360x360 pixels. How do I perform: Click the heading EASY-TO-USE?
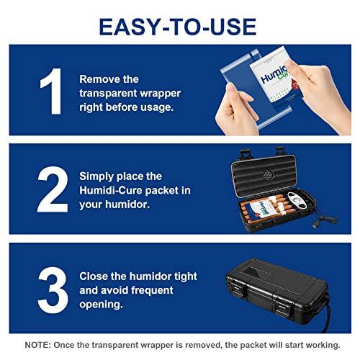coord(178,27)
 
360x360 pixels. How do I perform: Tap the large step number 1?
coord(51,91)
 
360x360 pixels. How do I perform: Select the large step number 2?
coord(53,189)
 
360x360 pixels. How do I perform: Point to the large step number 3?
coord(53,290)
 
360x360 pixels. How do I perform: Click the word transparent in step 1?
coord(109,93)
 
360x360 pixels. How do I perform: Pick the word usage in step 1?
coord(157,107)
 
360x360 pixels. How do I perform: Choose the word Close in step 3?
coord(94,276)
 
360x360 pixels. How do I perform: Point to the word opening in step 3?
coord(101,305)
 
